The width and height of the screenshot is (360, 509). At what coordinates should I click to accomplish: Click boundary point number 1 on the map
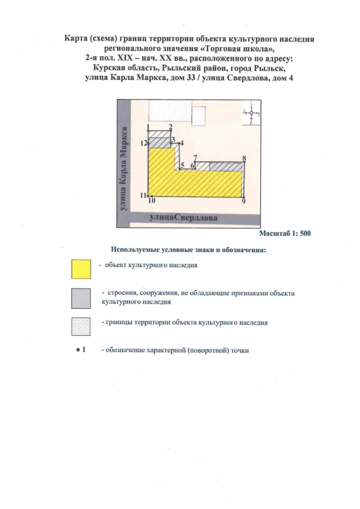pyautogui.click(x=148, y=127)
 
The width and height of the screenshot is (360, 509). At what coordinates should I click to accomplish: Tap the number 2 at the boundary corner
pyautogui.click(x=170, y=127)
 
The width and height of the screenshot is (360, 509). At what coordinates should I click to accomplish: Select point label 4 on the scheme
pyautogui.click(x=181, y=143)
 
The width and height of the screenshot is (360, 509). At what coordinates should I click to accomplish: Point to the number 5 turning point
pyautogui.click(x=182, y=165)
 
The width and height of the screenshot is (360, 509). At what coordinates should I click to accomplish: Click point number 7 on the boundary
pyautogui.click(x=195, y=158)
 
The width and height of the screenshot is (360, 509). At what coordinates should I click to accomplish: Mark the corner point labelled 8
pyautogui.click(x=245, y=159)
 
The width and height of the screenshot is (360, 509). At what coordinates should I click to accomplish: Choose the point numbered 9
pyautogui.click(x=244, y=201)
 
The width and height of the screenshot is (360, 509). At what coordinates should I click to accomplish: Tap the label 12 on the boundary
pyautogui.click(x=144, y=143)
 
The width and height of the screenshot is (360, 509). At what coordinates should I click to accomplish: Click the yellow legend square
pyautogui.click(x=82, y=269)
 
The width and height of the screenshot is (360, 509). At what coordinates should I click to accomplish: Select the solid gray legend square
pyautogui.click(x=82, y=299)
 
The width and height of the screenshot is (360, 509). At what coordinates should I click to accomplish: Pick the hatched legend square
pyautogui.click(x=82, y=328)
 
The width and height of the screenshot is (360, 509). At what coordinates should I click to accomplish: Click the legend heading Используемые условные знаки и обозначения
pyautogui.click(x=188, y=249)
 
